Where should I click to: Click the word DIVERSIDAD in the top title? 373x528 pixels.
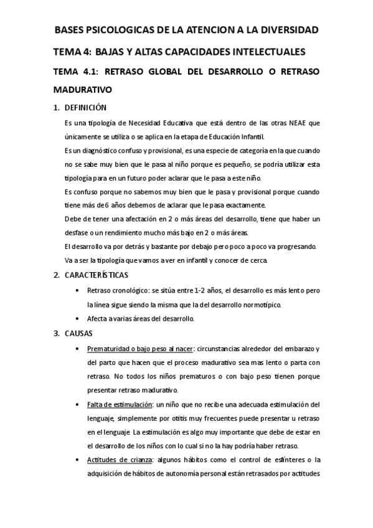(285, 29)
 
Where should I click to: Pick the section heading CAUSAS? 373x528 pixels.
(78, 333)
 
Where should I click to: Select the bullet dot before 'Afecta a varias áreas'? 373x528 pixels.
(77, 319)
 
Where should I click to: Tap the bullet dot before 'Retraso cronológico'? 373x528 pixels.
(77, 290)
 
